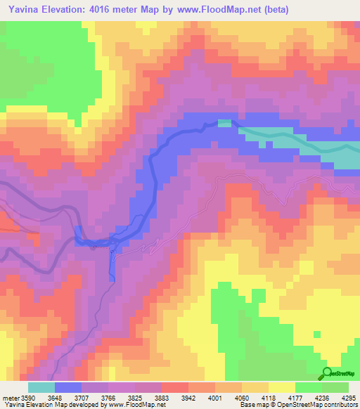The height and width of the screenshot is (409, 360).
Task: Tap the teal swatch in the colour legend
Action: (41, 388)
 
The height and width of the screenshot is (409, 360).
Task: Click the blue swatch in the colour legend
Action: (68, 388)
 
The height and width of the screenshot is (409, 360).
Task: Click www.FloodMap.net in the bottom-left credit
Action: (136, 404)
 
